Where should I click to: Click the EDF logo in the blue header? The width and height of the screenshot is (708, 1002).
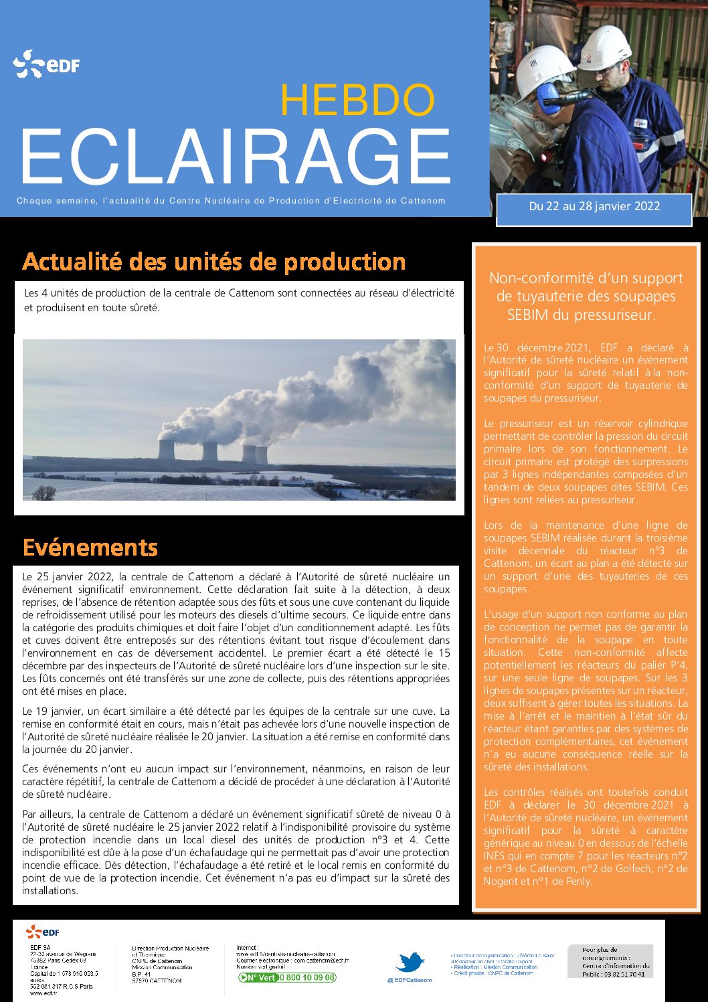(46, 65)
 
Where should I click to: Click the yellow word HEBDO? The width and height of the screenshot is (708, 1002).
(357, 100)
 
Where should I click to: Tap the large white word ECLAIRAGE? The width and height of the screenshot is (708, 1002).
(236, 156)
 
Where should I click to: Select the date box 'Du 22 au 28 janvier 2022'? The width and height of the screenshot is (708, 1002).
(594, 207)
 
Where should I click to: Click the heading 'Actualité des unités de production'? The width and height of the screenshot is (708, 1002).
(214, 262)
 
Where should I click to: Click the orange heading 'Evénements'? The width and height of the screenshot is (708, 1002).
(90, 548)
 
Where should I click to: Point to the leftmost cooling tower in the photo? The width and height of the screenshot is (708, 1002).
(167, 449)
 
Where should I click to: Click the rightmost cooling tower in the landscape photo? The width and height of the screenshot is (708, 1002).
(262, 454)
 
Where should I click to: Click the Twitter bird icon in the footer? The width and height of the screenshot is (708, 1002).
(410, 963)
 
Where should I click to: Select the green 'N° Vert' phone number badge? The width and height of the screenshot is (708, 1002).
(287, 977)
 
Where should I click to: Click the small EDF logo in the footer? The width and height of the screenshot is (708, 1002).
(43, 931)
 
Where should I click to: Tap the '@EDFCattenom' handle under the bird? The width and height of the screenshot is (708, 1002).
(410, 980)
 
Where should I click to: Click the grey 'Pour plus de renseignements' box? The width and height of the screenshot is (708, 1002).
(610, 961)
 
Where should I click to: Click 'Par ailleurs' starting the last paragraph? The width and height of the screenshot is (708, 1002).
(47, 815)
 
